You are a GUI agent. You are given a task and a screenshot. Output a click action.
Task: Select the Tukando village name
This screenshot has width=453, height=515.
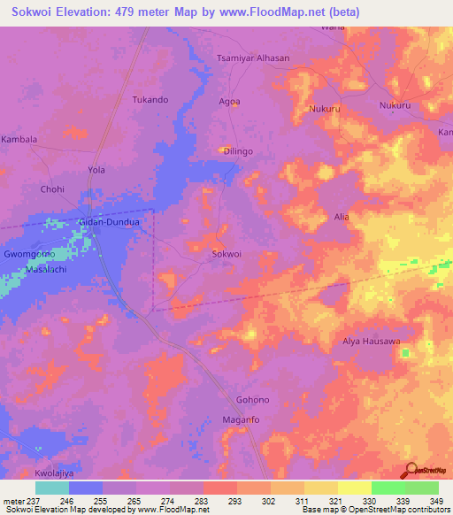click(x=150, y=99)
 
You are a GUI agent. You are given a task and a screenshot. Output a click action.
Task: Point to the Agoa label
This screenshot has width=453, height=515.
click(x=229, y=102)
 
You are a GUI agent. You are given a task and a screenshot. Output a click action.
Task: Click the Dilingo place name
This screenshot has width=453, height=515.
click(x=238, y=151)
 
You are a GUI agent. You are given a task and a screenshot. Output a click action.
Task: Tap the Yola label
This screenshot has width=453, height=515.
click(x=97, y=169)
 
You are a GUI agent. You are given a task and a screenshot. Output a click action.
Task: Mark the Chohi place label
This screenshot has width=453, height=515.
click(x=53, y=189)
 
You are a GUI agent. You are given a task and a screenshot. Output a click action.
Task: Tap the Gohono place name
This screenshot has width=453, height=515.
click(x=252, y=399)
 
